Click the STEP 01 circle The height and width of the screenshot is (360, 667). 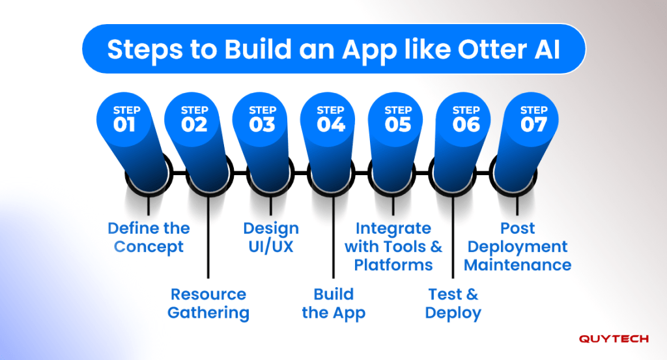tap(124, 120)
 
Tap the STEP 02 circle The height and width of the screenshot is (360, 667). tap(192, 120)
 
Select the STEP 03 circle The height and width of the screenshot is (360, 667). tap(260, 120)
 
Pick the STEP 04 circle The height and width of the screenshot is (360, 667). tap(328, 120)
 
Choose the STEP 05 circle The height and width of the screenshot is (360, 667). tap(395, 120)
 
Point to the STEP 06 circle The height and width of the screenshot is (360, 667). tap(463, 120)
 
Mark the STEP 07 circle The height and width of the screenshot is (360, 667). tap(532, 120)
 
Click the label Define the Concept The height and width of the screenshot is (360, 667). tap(149, 238)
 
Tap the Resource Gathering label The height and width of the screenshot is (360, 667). tap(208, 303)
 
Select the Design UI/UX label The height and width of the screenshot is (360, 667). tap(271, 238)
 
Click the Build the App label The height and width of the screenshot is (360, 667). tap(333, 303)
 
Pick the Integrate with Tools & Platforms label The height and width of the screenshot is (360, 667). tap(393, 247)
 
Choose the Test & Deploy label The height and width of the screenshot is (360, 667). tap(453, 303)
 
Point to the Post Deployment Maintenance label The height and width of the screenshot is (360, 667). tap(517, 247)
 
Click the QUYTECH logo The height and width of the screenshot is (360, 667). tap(614, 339)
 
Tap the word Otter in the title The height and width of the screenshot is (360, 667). tap(487, 49)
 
